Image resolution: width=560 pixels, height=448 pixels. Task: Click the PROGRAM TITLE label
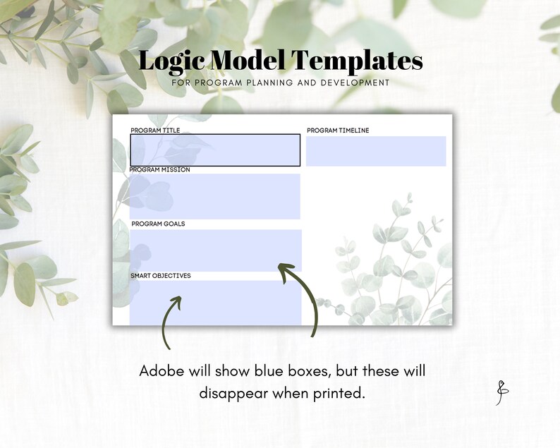(x=155, y=131)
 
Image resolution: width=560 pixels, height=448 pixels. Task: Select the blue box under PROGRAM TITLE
(x=215, y=150)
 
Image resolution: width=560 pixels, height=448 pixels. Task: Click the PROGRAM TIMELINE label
(x=338, y=131)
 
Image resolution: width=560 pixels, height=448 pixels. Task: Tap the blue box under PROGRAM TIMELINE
(x=376, y=151)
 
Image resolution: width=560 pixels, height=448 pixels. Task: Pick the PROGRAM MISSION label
(x=159, y=170)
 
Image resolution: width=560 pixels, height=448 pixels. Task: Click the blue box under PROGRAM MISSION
(x=215, y=196)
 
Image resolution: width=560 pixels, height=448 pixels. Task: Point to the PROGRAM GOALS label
(x=158, y=224)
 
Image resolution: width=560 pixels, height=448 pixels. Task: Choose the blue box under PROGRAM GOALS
(x=216, y=250)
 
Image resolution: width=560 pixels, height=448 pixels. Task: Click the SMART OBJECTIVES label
(x=161, y=276)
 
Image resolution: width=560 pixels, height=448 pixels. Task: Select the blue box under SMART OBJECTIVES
(x=216, y=303)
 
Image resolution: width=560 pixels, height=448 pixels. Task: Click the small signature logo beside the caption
(x=501, y=393)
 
